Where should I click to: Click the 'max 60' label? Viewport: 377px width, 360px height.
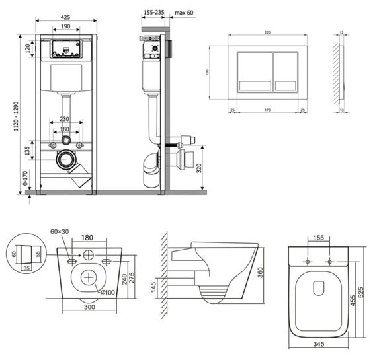point(183,13)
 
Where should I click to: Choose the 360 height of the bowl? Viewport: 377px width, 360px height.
point(260,272)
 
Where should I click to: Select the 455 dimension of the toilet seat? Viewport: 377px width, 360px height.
point(354,301)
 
